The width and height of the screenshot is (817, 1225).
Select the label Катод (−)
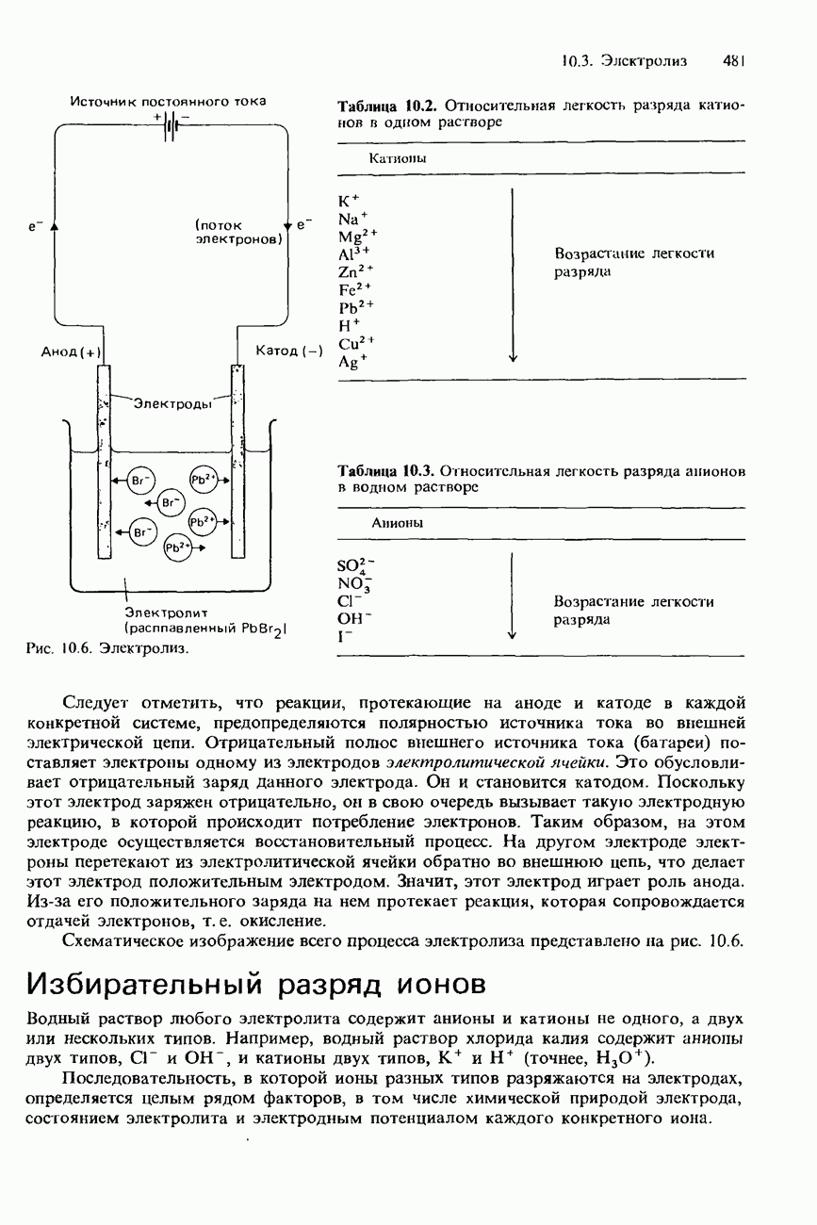click(x=289, y=351)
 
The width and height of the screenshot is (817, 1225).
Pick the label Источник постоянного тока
click(x=168, y=101)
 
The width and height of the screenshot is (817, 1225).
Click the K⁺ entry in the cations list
click(x=346, y=200)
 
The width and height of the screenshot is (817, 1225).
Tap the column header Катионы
click(x=398, y=158)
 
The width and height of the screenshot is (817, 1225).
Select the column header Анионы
click(x=397, y=521)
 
